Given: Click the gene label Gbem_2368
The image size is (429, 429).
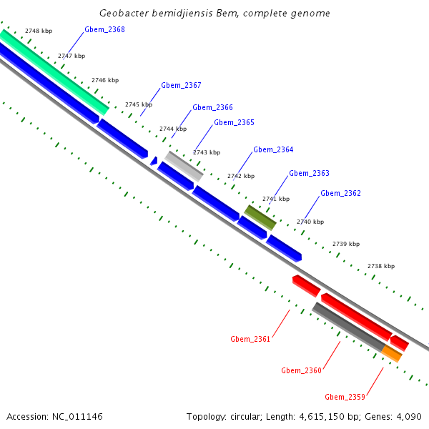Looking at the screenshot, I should [x=104, y=29].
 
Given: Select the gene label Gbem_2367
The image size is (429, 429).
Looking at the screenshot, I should [x=181, y=85].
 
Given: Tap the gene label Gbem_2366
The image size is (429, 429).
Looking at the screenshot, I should [x=212, y=107].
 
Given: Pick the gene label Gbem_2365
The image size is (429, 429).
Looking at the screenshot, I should [x=234, y=122].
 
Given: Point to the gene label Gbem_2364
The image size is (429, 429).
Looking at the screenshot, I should [x=273, y=149].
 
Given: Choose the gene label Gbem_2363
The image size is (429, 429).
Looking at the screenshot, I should [x=309, y=173].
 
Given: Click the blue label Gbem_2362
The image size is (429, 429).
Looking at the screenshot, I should [x=340, y=193].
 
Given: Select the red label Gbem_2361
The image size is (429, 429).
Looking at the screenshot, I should [x=250, y=339].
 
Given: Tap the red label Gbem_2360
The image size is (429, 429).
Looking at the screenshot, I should [x=301, y=370].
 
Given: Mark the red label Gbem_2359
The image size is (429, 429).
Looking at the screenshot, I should [x=345, y=397].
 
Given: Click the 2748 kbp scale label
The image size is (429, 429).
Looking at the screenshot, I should [x=38, y=31].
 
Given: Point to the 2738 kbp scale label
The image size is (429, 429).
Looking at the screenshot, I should [x=381, y=266].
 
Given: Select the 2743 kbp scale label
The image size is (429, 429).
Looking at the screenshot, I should [x=206, y=152].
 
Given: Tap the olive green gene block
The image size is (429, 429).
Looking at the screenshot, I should [x=260, y=217].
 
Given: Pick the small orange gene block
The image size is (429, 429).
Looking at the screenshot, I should [x=391, y=353].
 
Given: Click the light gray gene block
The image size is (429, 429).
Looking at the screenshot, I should [x=184, y=166].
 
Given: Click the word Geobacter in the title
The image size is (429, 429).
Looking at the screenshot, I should [x=124, y=13].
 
